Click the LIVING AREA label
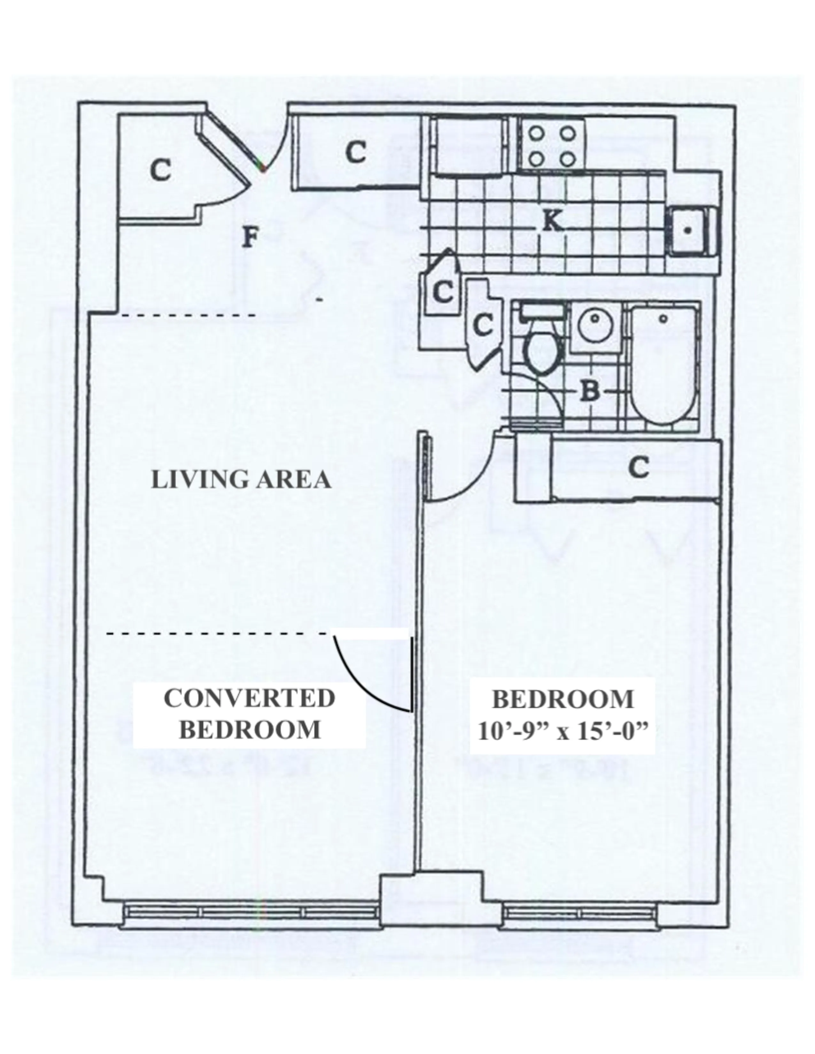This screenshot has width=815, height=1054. pyautogui.click(x=241, y=480)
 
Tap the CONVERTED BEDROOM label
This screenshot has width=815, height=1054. pyautogui.click(x=249, y=714)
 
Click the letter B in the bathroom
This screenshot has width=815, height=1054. pyautogui.click(x=589, y=391)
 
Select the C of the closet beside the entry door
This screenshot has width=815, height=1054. pyautogui.click(x=356, y=153)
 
